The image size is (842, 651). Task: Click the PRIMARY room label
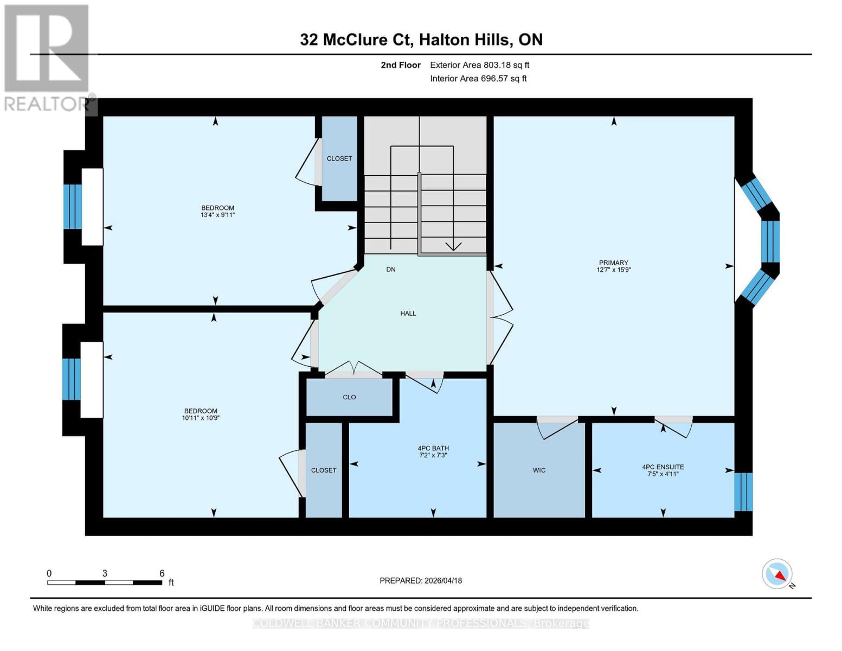[613, 263]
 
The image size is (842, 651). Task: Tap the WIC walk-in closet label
[539, 470]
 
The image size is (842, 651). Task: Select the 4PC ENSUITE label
[663, 467]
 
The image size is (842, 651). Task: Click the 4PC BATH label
[433, 448]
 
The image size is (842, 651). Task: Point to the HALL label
[408, 313]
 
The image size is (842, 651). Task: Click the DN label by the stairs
[390, 269]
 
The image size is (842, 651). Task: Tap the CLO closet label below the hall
[349, 397]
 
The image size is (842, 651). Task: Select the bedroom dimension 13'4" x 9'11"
[217, 215]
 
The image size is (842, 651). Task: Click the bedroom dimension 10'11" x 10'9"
[201, 418]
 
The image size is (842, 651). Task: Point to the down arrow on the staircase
[453, 246]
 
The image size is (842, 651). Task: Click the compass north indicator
[777, 574]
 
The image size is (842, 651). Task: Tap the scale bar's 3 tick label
[105, 573]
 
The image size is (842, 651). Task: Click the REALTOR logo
[47, 57]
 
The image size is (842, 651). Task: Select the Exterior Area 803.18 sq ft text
[479, 65]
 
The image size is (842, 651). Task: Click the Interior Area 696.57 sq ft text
[478, 79]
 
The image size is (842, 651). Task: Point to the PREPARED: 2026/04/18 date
[421, 580]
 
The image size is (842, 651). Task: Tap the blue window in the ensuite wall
[743, 492]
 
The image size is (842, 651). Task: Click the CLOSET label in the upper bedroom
[339, 158]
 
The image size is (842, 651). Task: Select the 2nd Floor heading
[401, 65]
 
